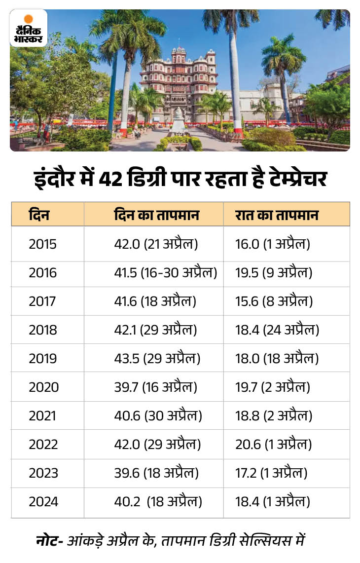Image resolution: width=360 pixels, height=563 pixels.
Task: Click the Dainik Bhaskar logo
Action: point(29,28)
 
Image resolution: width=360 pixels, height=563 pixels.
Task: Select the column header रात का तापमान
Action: point(277,215)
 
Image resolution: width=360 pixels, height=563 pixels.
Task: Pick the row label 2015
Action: point(43,244)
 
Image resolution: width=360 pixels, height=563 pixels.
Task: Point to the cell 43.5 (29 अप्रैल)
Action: point(157,359)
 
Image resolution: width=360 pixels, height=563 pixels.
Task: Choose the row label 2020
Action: point(43,387)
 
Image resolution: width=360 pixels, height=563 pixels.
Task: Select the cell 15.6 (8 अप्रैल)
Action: point(273,301)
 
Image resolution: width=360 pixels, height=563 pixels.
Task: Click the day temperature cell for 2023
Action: point(156,473)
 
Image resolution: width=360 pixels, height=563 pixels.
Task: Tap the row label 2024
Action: point(43,502)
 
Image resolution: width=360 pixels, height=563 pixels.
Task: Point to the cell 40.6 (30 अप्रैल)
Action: point(158,416)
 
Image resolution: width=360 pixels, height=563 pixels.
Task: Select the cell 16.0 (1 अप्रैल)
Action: point(273,244)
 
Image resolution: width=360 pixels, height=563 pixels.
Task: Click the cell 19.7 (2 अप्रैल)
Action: point(273,387)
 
